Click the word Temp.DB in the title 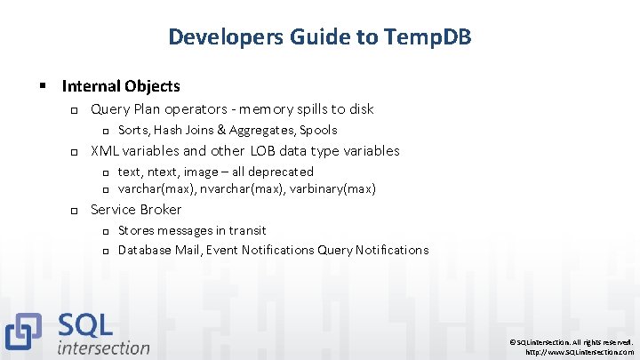[428, 36]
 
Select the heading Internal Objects [121, 86]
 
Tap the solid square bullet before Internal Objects [42, 87]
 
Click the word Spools [317, 130]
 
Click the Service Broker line [136, 210]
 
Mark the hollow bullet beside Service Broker [75, 211]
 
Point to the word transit [245, 230]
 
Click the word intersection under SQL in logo [103, 348]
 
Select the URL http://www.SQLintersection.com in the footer [580, 352]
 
